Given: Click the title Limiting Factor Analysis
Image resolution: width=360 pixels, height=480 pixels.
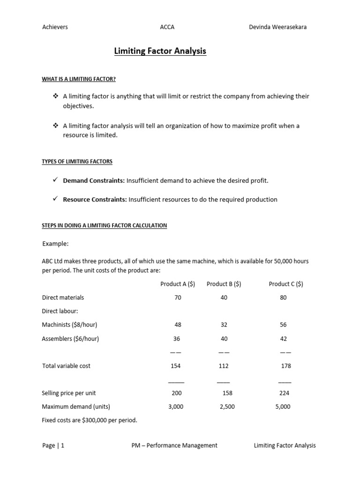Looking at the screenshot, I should tap(160, 51).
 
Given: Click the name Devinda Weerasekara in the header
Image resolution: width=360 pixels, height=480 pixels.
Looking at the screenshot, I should tap(278, 27).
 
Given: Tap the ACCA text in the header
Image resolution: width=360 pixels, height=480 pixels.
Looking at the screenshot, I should tap(167, 27).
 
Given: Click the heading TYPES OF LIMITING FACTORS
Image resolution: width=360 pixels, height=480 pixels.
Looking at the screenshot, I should tap(77, 162).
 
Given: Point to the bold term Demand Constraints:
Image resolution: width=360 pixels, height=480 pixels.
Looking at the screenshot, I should tap(94, 180).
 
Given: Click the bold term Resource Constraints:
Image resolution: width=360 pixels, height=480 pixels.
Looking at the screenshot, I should tap(95, 199).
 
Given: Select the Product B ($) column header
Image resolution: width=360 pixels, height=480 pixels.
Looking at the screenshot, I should tap(224, 284).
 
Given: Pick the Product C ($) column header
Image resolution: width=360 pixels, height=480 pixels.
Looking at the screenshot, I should tap(286, 284).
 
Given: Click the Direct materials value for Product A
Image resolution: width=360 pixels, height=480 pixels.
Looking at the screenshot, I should tap(178, 298).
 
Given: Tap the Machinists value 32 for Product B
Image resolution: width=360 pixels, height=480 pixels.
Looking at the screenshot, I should tap(224, 325).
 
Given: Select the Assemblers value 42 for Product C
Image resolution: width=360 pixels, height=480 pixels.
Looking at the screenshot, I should tap(283, 338).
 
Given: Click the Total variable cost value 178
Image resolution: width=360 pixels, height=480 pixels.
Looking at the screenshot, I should tap(285, 366).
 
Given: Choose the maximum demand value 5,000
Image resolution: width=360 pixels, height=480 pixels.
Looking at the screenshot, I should tap(283, 407).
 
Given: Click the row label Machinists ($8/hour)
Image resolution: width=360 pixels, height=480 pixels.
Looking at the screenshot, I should tap(70, 325).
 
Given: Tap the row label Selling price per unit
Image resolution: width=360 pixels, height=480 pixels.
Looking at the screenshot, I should tap(69, 393).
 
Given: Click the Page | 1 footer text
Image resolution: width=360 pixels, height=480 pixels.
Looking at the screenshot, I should tap(53, 446).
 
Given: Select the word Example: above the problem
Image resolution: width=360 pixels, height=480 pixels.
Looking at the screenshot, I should tap(56, 244).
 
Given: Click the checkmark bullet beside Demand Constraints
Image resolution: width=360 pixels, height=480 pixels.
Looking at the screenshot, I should tap(55, 180).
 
